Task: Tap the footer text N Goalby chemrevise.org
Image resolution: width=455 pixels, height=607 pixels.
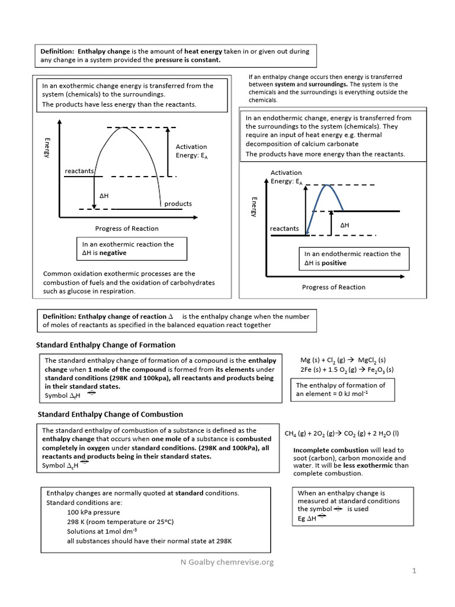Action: [x=227, y=562]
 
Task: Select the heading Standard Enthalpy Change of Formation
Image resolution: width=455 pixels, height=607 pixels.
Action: [x=106, y=344]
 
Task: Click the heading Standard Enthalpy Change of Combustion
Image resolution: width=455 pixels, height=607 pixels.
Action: [x=110, y=414]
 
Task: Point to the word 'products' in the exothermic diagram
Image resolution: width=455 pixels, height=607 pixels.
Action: [x=178, y=203]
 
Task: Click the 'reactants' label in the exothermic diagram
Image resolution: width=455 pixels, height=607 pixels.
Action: [x=79, y=171]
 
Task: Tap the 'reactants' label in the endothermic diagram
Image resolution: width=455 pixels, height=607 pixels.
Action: [x=284, y=228]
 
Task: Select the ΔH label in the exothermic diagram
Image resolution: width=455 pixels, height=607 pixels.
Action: [x=104, y=194]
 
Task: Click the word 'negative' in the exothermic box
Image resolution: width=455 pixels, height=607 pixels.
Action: [x=113, y=253]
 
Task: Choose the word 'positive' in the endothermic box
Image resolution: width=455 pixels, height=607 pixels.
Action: [x=334, y=263]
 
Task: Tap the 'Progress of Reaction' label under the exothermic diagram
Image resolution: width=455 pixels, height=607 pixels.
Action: [x=127, y=228]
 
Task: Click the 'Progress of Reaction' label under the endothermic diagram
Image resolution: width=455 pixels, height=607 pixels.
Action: [x=334, y=287]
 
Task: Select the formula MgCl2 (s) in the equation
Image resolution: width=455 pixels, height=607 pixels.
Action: [x=371, y=360]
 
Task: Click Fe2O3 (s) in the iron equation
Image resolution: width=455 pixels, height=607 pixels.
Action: [x=372, y=370]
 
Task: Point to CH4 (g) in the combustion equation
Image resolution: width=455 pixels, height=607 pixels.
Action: [x=297, y=433]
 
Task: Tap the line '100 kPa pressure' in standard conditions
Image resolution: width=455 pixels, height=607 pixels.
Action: [x=94, y=512]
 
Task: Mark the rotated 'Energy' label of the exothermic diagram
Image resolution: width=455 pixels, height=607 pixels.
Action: [x=47, y=147]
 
